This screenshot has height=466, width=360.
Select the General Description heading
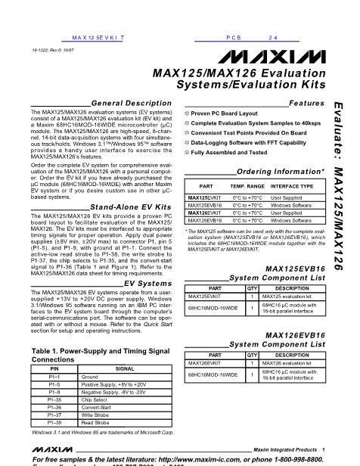click(x=121, y=102)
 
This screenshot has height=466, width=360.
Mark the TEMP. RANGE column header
click(x=247, y=185)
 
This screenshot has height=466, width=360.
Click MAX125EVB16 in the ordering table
click(x=204, y=204)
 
